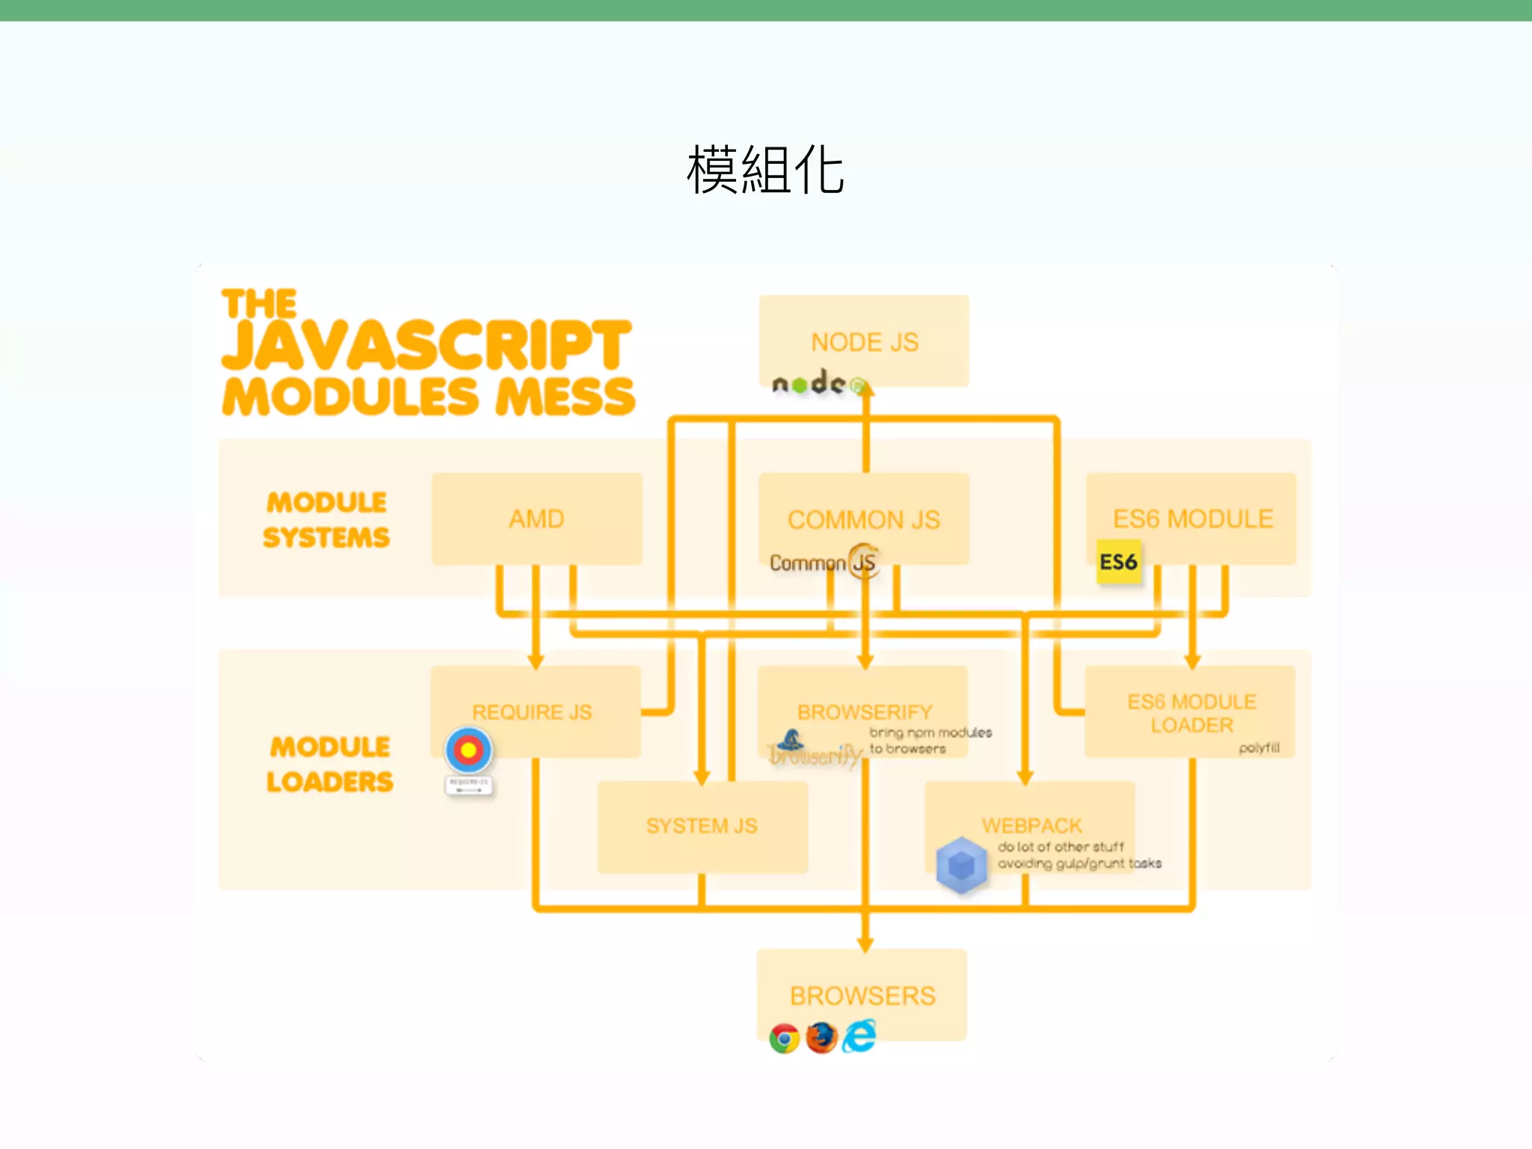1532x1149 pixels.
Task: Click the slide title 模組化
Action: (765, 171)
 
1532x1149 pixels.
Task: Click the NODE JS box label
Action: (865, 343)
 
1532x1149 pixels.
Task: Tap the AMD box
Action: (536, 519)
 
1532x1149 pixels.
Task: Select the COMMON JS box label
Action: (864, 520)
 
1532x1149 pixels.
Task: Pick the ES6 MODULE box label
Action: (1192, 519)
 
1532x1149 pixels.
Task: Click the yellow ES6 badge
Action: (1118, 562)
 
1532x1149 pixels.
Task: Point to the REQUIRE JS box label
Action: (532, 712)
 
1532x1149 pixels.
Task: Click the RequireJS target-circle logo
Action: (468, 750)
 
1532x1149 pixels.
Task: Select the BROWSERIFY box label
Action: (865, 712)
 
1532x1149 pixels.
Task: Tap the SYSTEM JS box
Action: (702, 827)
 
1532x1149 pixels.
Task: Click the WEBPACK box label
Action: (1032, 826)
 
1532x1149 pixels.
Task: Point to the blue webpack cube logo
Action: (961, 865)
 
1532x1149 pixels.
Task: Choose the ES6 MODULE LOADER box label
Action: (1192, 714)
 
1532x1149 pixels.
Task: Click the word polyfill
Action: (1259, 748)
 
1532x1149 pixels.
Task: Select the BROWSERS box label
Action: (862, 996)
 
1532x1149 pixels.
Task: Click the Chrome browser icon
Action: (784, 1038)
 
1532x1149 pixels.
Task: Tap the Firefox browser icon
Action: (821, 1038)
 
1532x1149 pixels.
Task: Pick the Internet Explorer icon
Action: (860, 1036)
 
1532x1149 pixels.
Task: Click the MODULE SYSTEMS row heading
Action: (327, 520)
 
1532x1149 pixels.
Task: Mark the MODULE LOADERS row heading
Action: (330, 765)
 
